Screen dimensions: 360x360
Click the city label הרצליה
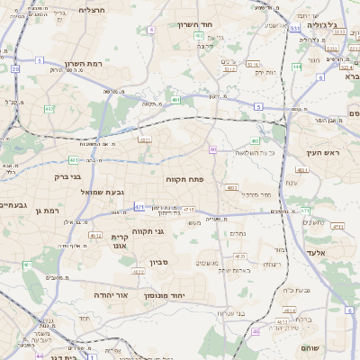tap(92, 10)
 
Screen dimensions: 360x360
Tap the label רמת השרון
tap(85, 64)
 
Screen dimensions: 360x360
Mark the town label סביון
tap(160, 262)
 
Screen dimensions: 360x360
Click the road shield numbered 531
tap(295, 28)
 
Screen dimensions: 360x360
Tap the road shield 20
tap(15, 68)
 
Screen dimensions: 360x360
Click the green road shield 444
tap(297, 66)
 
